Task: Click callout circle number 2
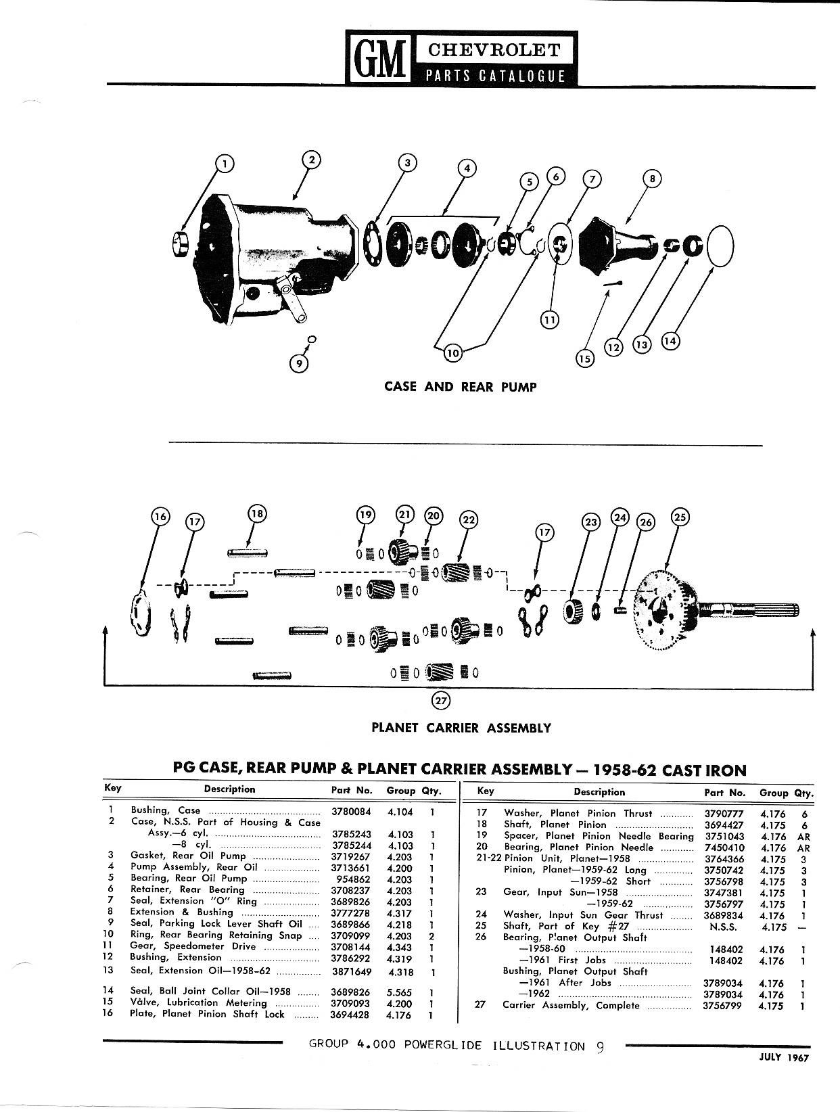coord(310,160)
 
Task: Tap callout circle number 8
coord(652,179)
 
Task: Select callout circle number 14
coord(670,342)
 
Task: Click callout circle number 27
coord(441,701)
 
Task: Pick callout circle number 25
coord(680,517)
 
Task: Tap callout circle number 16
coord(160,517)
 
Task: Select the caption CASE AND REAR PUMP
coord(460,387)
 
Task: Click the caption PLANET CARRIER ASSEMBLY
coord(461,728)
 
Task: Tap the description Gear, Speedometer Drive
coord(193,946)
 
